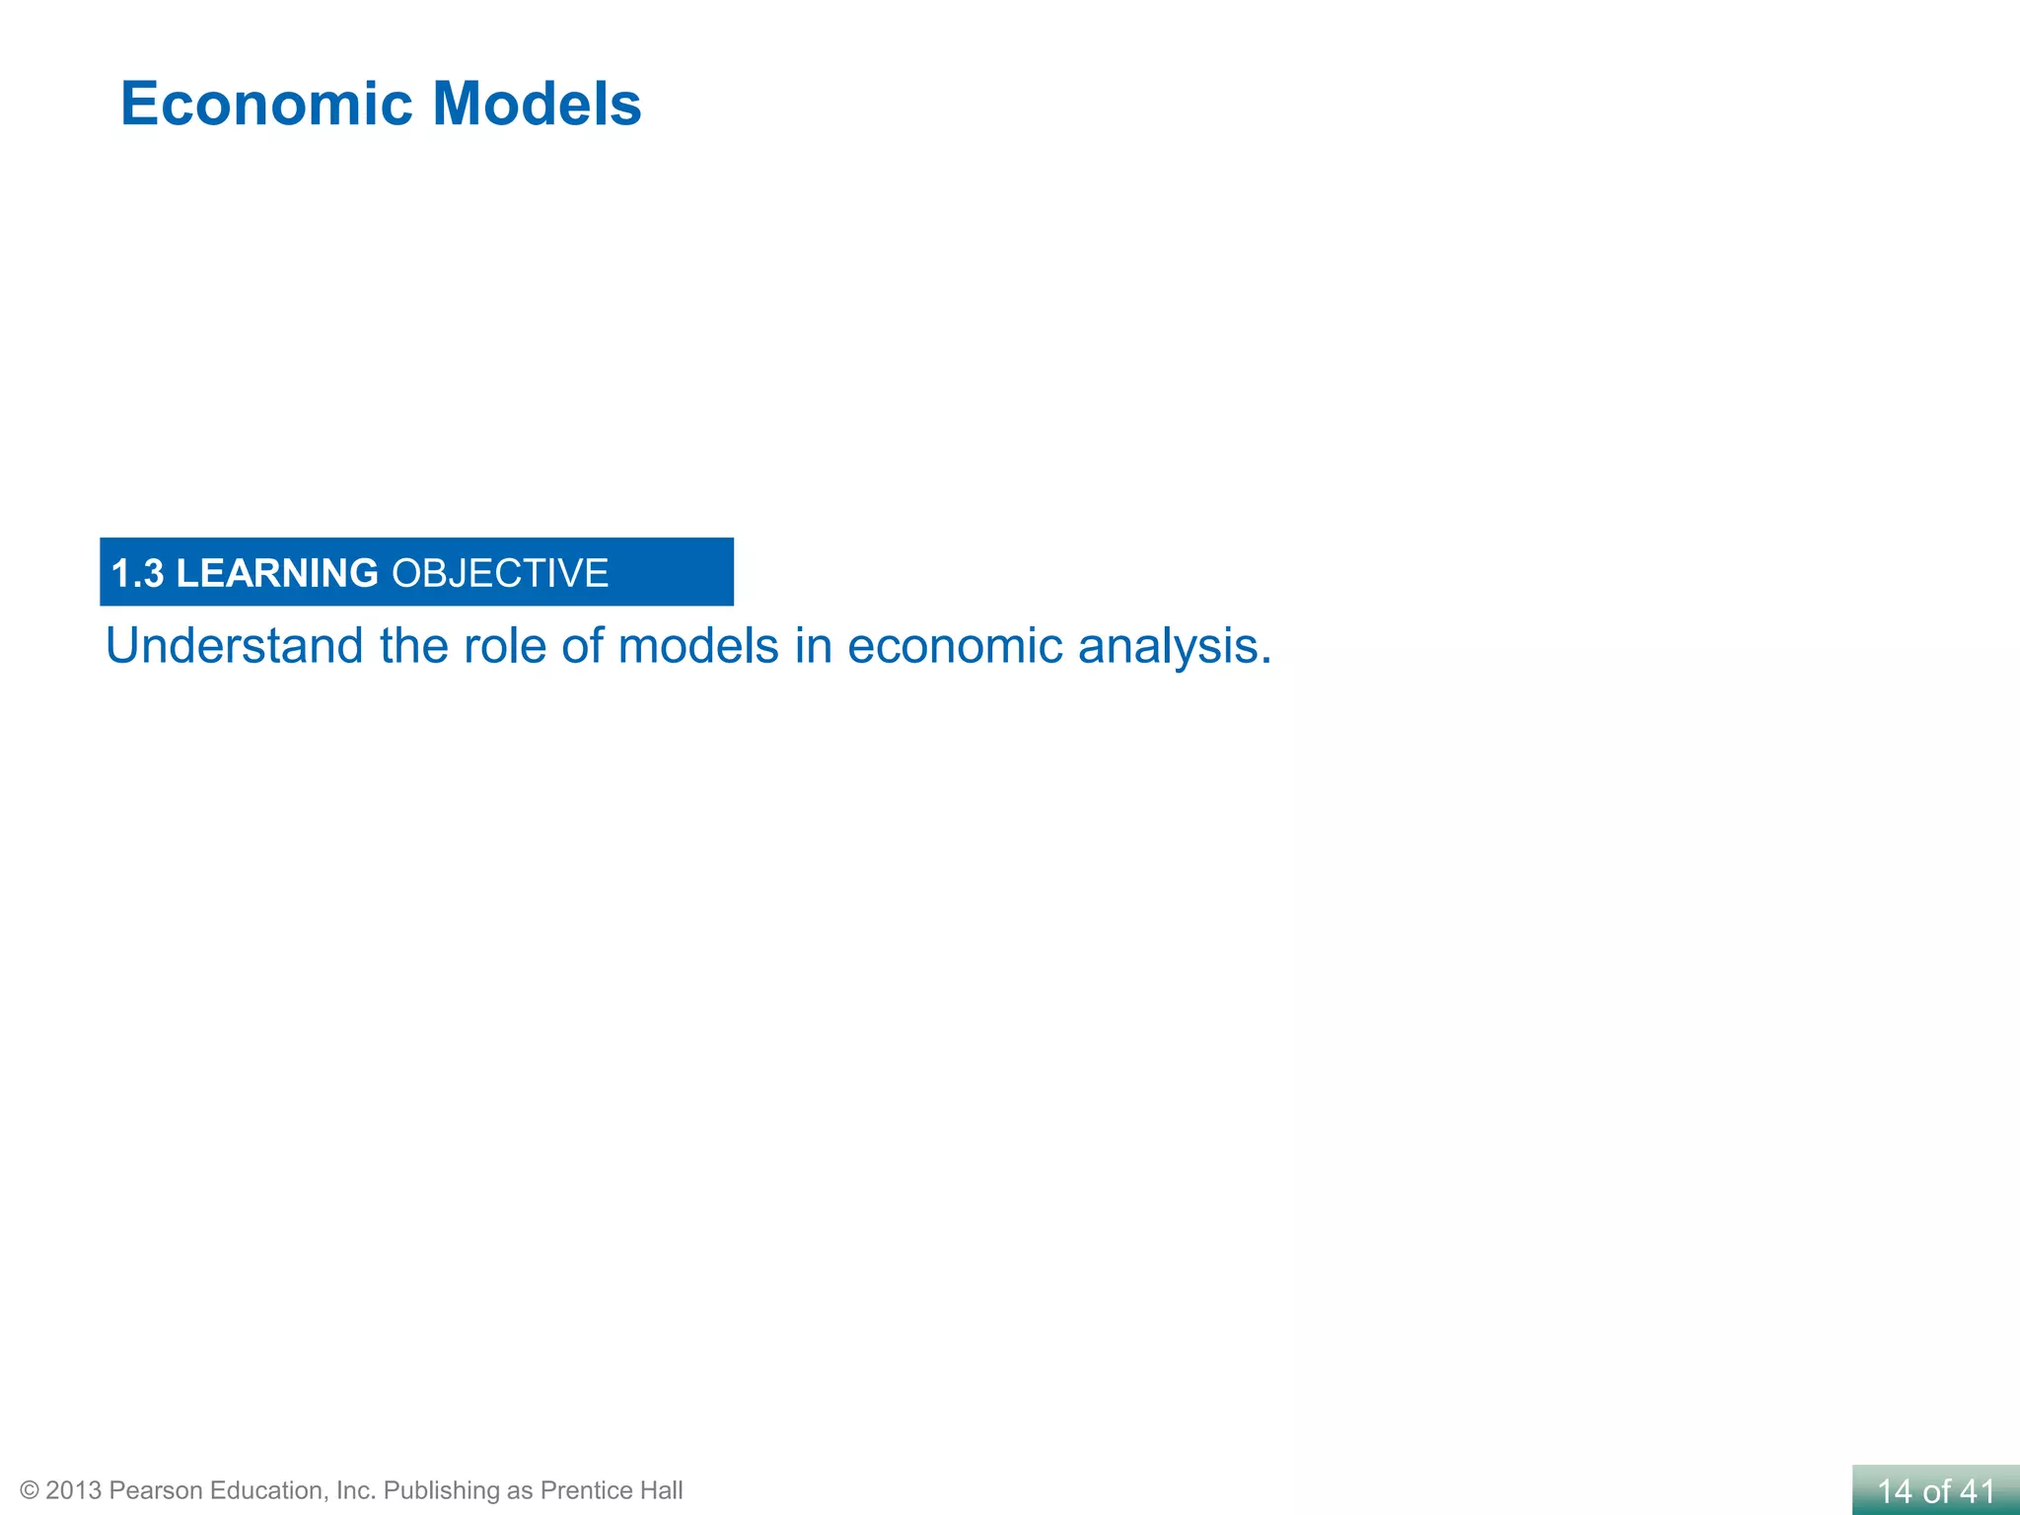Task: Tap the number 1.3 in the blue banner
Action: (x=137, y=574)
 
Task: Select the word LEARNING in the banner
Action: (x=277, y=574)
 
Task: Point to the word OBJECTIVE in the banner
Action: (x=500, y=574)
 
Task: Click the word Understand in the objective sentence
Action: (x=235, y=647)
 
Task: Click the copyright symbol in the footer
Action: (x=30, y=1490)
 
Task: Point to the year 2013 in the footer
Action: (x=73, y=1490)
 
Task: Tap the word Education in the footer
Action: (x=266, y=1490)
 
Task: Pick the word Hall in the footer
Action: (x=661, y=1490)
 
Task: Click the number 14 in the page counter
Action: (x=1896, y=1491)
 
